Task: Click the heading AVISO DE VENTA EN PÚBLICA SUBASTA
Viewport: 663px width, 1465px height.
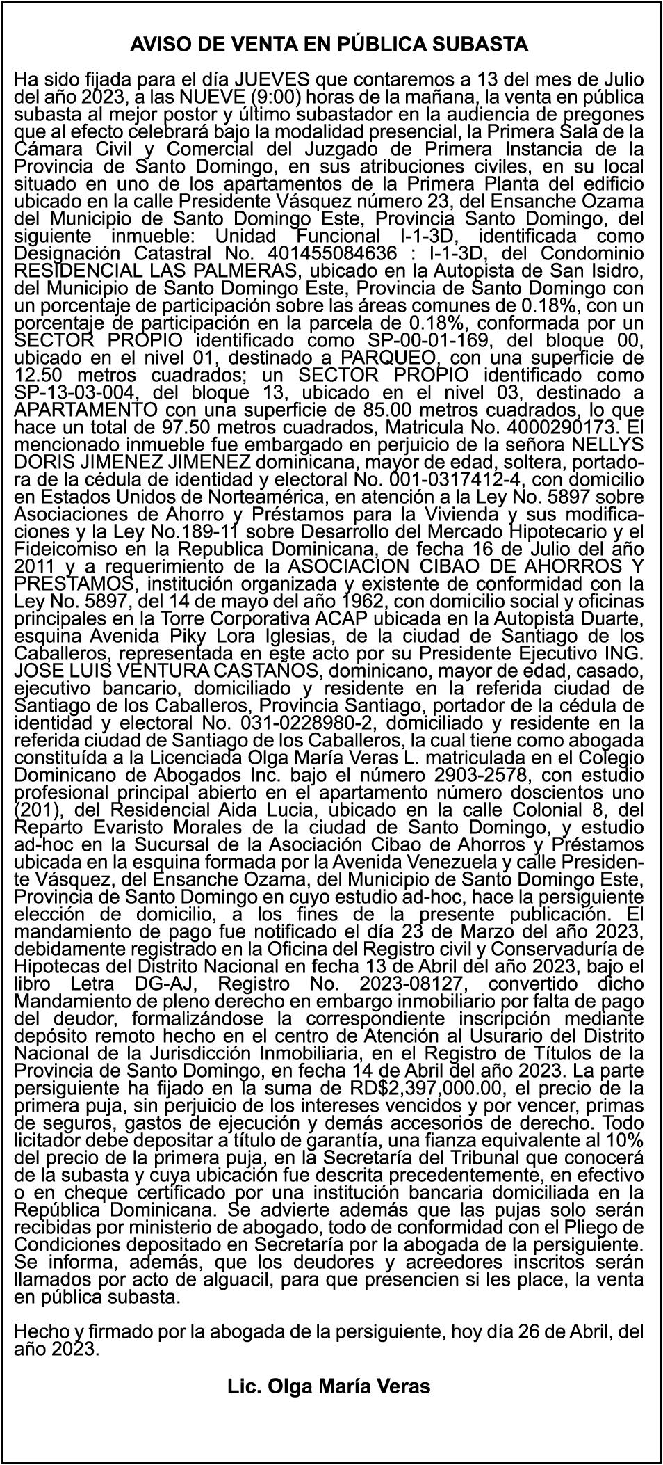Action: pyautogui.click(x=329, y=45)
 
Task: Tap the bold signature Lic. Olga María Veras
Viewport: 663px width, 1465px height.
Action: pyautogui.click(x=329, y=1386)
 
